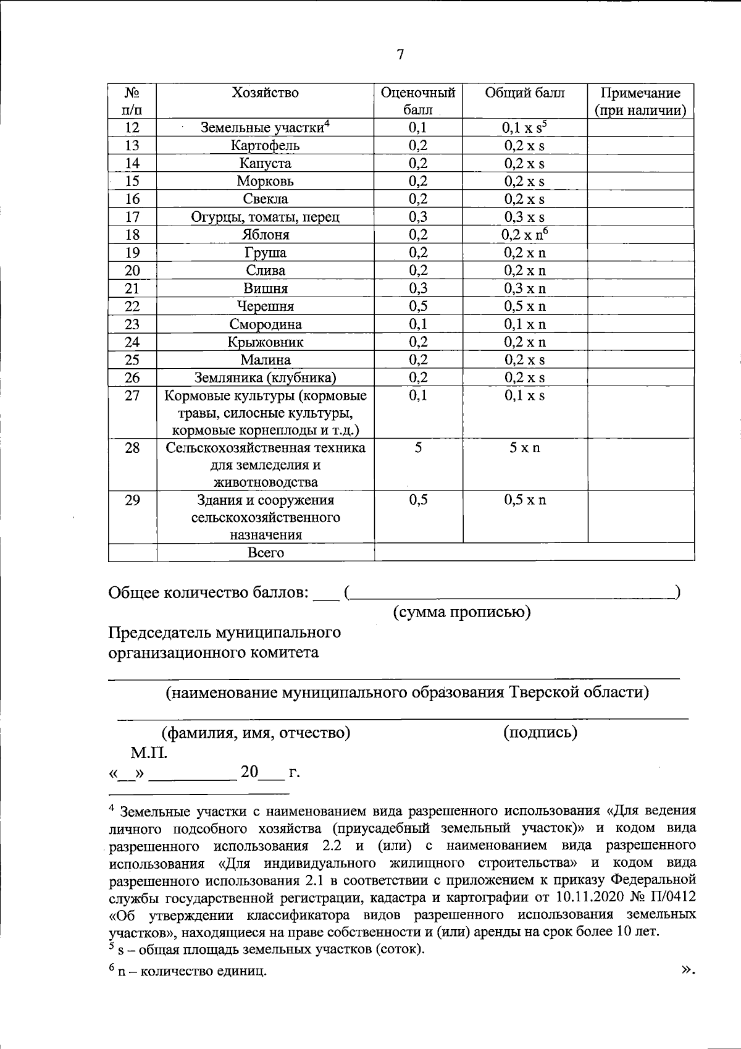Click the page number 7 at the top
(400, 54)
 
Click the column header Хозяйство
(265, 93)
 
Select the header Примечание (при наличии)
(640, 102)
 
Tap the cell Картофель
(265, 146)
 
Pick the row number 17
(132, 217)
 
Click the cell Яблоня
(265, 235)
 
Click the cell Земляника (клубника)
(265, 378)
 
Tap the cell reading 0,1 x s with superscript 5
(524, 128)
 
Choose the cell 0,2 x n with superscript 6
(524, 235)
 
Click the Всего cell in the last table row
(266, 553)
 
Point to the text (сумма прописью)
(462, 612)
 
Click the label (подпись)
(540, 733)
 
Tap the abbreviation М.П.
(148, 753)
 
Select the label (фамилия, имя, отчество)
(256, 733)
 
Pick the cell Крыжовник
(265, 342)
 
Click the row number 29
(132, 500)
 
